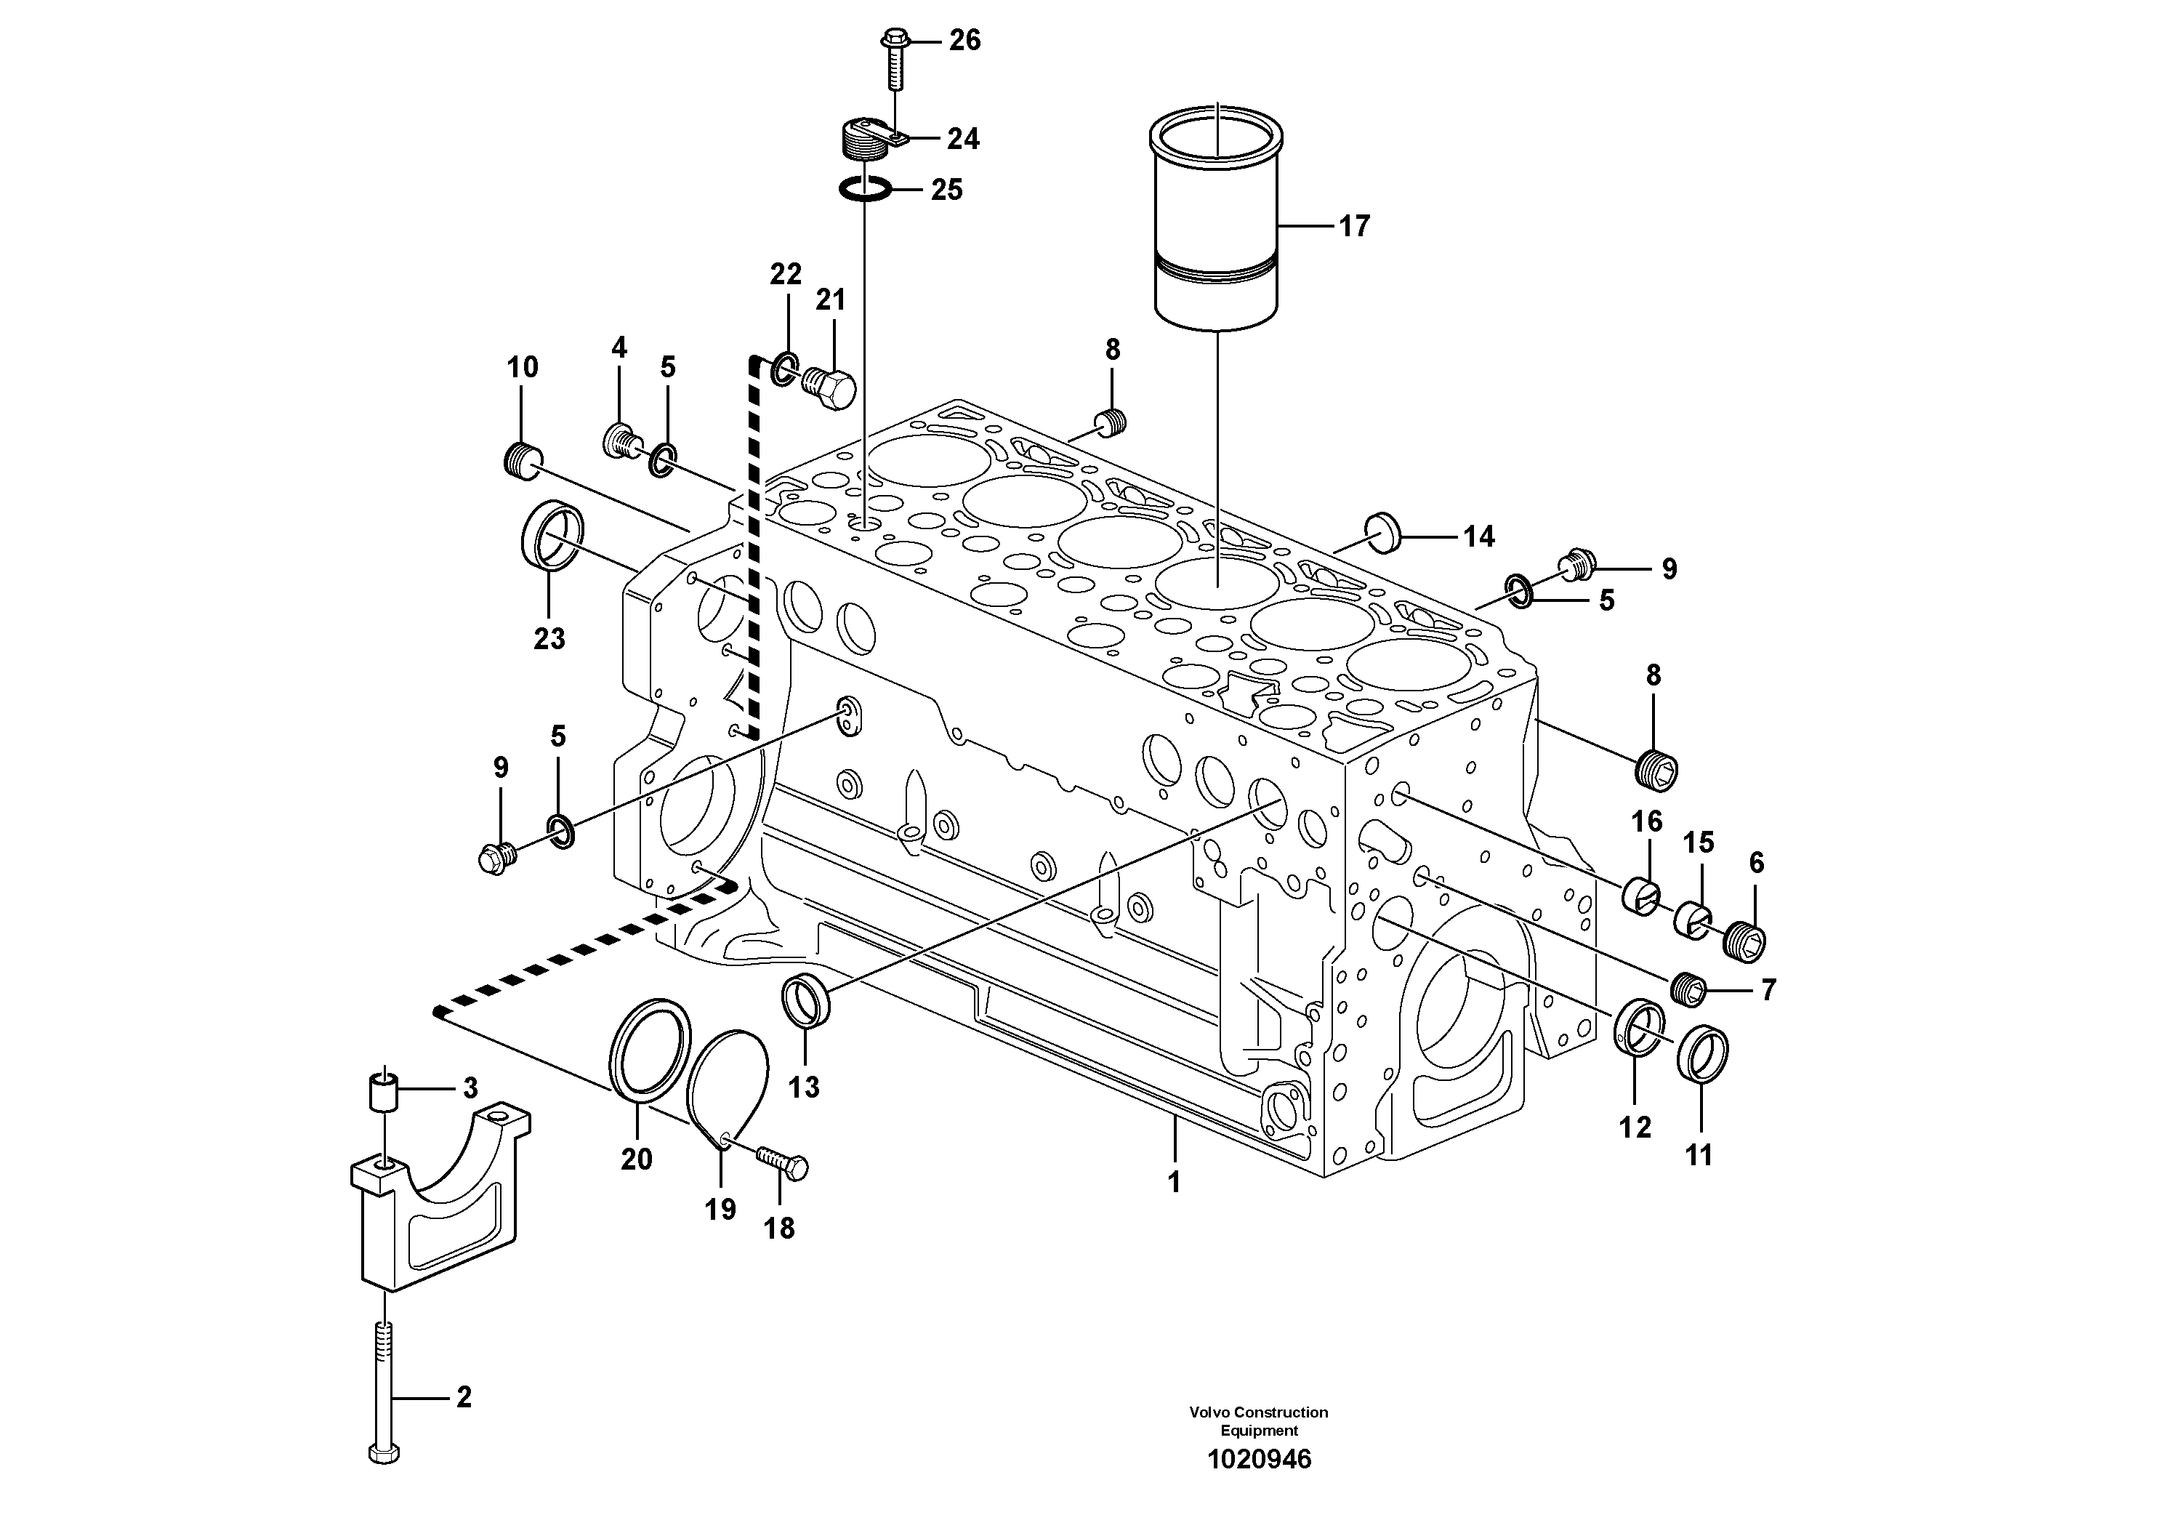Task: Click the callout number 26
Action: click(964, 41)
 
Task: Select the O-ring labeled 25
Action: click(865, 189)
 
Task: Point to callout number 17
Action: click(1354, 226)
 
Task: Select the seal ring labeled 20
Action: click(646, 1050)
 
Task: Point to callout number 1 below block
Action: click(1174, 1182)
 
